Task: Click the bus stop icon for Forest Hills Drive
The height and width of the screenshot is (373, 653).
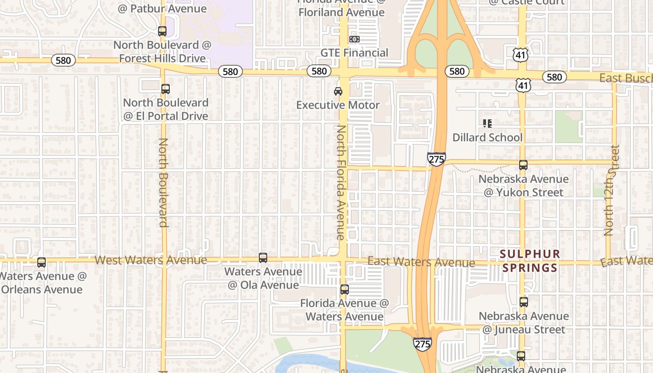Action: point(162,31)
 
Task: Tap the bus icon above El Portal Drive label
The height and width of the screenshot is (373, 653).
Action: point(165,89)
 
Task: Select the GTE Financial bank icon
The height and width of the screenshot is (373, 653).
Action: point(354,39)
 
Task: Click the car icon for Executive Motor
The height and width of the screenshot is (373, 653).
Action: point(338,91)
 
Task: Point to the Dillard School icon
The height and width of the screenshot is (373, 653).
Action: point(487,124)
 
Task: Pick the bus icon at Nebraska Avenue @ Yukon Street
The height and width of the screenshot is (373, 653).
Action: point(523,165)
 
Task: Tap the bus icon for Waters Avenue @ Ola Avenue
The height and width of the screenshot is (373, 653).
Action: point(263,257)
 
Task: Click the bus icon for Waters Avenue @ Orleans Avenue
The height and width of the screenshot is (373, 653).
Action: point(42,262)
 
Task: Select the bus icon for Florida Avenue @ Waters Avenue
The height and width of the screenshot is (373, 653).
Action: point(345,290)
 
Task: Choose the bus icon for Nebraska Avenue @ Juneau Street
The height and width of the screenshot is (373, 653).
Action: point(524,302)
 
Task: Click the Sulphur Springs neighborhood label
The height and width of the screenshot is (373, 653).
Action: point(529,261)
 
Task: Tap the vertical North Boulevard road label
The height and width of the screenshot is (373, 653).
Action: point(163,182)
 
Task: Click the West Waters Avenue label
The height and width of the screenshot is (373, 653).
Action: point(151,260)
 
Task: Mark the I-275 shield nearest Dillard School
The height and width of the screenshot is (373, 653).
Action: point(436,159)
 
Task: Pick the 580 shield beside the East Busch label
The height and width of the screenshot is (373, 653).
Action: point(554,77)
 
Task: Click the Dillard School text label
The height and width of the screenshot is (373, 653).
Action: point(487,138)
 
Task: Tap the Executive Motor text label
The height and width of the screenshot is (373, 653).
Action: point(338,105)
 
